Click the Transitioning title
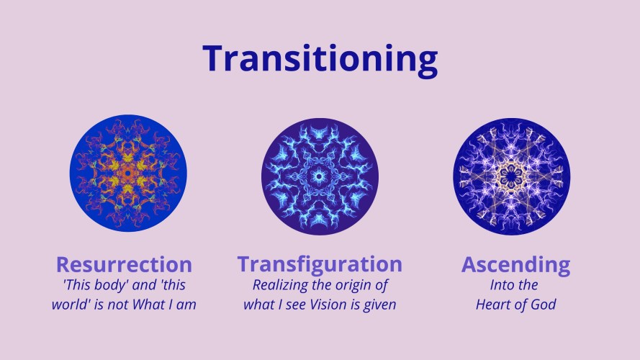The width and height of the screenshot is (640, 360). point(320,60)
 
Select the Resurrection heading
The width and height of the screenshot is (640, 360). point(124,264)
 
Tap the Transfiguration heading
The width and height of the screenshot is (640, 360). point(320,264)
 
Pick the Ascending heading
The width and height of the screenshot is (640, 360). point(516,265)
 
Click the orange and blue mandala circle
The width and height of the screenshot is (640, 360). point(128,173)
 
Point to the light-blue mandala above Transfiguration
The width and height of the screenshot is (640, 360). point(320,176)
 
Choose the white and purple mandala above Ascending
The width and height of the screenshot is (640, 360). point(512,176)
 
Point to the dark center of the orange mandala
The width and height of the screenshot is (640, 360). point(127,174)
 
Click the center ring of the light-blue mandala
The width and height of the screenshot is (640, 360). point(319,176)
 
